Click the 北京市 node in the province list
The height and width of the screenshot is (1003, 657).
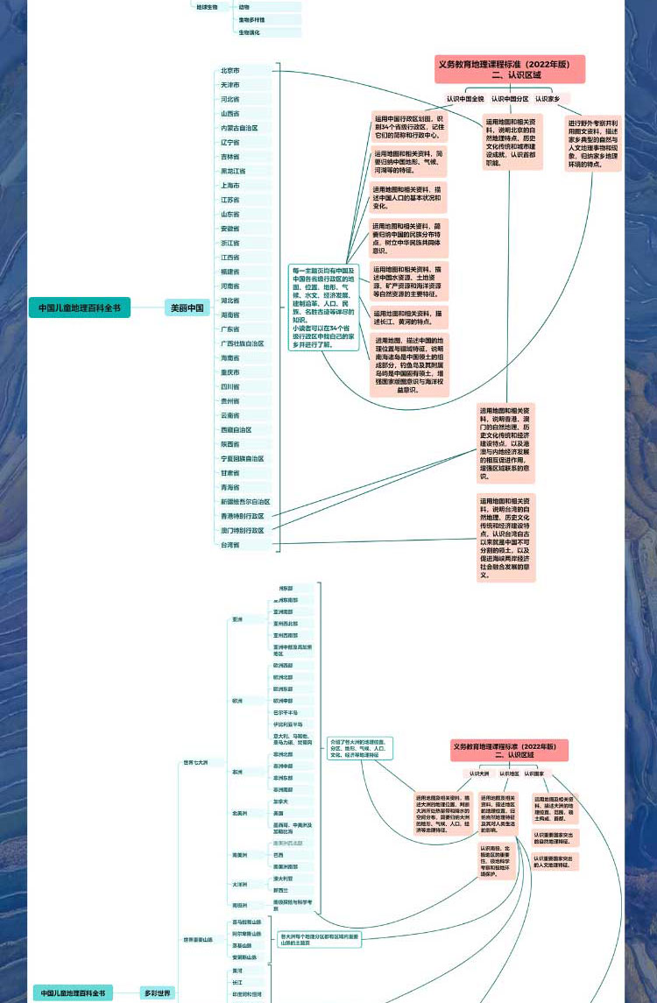pyautogui.click(x=230, y=70)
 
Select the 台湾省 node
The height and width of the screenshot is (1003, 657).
pyautogui.click(x=230, y=545)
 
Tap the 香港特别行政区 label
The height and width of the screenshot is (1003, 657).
pyautogui.click(x=242, y=516)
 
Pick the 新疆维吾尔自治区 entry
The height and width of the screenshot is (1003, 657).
pyautogui.click(x=245, y=502)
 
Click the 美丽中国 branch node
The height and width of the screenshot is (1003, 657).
pyautogui.click(x=187, y=307)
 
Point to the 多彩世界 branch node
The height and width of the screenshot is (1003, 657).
pyautogui.click(x=158, y=993)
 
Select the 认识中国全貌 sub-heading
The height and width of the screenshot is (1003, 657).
pyautogui.click(x=464, y=99)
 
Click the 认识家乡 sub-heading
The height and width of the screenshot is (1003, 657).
pyautogui.click(x=547, y=99)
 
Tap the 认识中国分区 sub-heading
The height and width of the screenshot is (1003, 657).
pyautogui.click(x=510, y=99)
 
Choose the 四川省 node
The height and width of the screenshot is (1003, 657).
pyautogui.click(x=230, y=386)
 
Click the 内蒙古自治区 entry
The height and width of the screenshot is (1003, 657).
pyautogui.click(x=239, y=128)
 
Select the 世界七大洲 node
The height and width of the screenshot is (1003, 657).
pyautogui.click(x=195, y=763)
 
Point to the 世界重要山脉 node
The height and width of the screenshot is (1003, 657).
pyautogui.click(x=198, y=939)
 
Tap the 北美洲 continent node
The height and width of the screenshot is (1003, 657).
pyautogui.click(x=239, y=813)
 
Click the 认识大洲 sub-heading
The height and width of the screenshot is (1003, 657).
pyautogui.click(x=478, y=773)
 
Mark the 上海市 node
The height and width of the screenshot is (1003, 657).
pyautogui.click(x=230, y=185)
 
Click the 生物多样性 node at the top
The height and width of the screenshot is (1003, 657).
pyautogui.click(x=252, y=19)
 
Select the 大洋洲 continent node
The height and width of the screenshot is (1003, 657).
pyautogui.click(x=239, y=885)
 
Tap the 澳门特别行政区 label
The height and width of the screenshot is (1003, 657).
pyautogui.click(x=242, y=530)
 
